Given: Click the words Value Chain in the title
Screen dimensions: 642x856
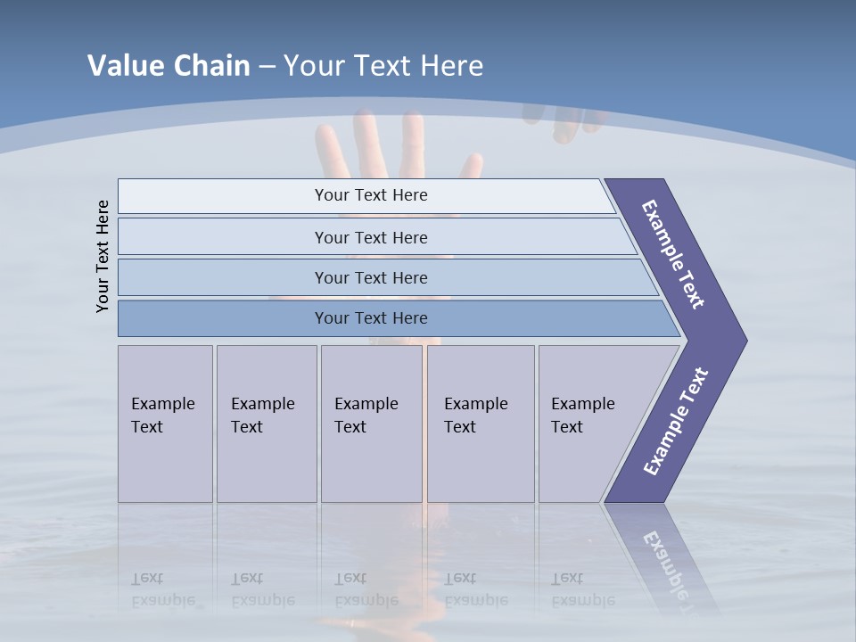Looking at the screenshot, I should pos(169,66).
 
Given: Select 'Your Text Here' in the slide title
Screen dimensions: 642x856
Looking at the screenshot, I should pos(383,66).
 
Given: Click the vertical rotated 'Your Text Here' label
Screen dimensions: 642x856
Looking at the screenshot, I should pos(103,256).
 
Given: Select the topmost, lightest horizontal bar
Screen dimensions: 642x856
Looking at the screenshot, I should pos(366,195).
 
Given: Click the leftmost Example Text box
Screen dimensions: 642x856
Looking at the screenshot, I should pos(165,424).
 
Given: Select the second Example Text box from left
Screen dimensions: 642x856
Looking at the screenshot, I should pos(266,424).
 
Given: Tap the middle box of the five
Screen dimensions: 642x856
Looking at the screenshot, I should pos(371,424).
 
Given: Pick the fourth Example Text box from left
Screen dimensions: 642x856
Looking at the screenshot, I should pos(480,424).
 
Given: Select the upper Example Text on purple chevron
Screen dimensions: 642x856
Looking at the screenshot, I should pos(673,254).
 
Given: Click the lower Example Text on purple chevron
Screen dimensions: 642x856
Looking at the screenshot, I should pos(675,421).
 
